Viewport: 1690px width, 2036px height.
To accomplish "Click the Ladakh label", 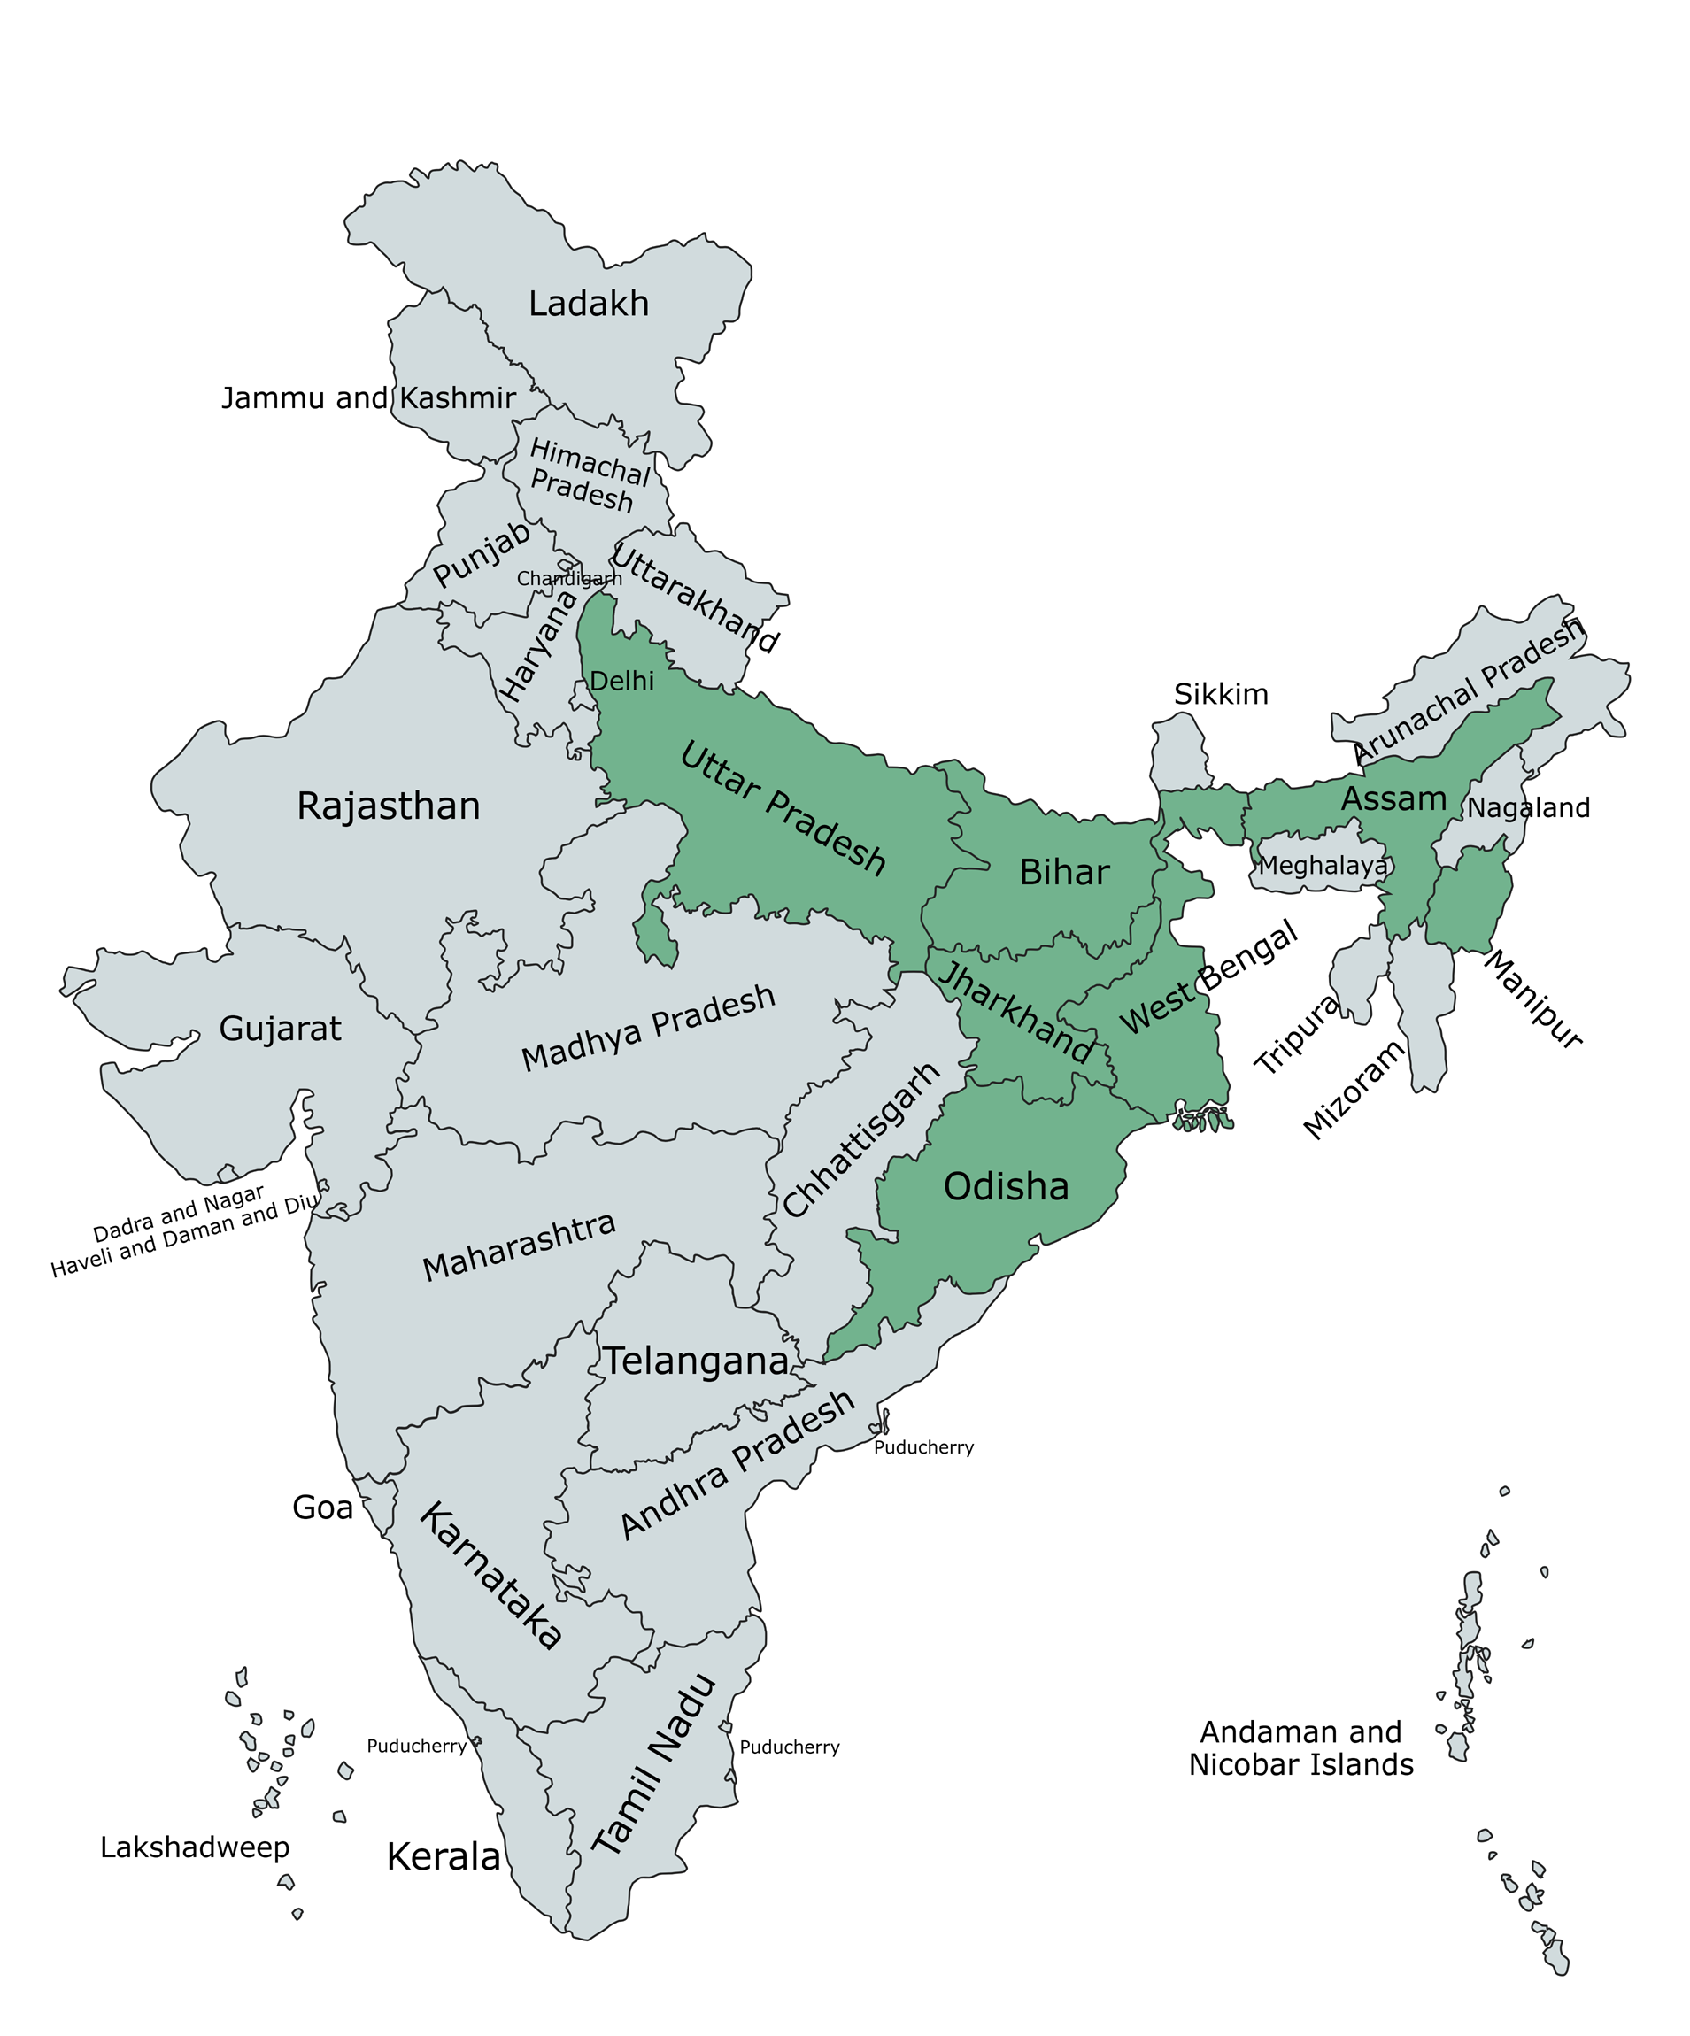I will (x=588, y=304).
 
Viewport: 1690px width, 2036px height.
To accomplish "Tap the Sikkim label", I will (x=1220, y=694).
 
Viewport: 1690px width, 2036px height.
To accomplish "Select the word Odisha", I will (x=1006, y=1187).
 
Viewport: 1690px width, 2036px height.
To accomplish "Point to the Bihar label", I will (x=1063, y=873).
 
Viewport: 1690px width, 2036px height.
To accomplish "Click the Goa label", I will (x=322, y=1508).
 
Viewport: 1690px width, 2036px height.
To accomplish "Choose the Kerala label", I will (x=444, y=1856).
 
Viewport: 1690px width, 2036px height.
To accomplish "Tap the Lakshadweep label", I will (x=194, y=1847).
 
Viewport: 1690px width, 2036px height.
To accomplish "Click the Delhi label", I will (x=621, y=682).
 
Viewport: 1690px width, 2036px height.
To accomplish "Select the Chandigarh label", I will (x=568, y=579).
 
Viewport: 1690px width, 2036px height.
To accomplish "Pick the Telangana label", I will (x=696, y=1362).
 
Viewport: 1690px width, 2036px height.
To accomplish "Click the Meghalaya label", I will (x=1322, y=865).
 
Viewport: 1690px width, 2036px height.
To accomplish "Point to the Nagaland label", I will (x=1527, y=807).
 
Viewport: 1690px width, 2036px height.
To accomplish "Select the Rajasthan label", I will (x=388, y=806).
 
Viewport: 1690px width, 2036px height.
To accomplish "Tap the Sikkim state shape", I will (x=1179, y=752).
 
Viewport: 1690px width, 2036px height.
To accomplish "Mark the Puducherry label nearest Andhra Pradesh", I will (x=922, y=1447).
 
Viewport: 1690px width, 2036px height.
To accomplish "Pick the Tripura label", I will (x=1295, y=1035).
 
